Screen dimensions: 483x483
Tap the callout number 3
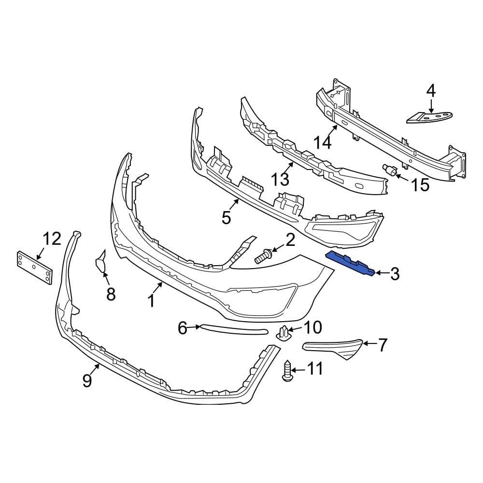(395, 274)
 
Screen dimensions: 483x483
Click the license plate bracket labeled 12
(34, 268)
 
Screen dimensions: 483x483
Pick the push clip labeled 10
(285, 333)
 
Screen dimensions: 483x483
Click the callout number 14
(324, 143)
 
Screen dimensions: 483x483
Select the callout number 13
(280, 179)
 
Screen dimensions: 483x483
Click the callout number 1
(151, 300)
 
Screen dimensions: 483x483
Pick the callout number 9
(87, 381)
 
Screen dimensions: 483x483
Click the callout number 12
(52, 238)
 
